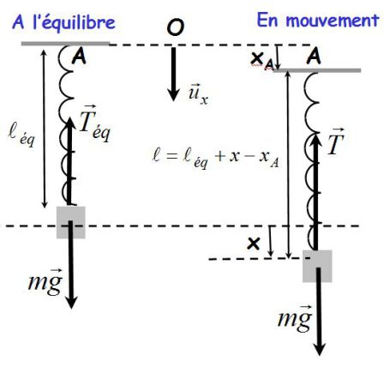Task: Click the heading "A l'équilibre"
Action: click(x=63, y=22)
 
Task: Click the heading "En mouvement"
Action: click(x=318, y=20)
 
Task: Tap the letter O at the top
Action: click(x=175, y=27)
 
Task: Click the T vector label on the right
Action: click(x=335, y=141)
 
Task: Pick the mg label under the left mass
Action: click(x=45, y=281)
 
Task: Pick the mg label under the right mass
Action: click(x=295, y=318)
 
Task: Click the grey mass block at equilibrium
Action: click(x=70, y=222)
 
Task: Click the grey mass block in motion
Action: click(x=317, y=266)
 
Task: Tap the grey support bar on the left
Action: click(x=65, y=44)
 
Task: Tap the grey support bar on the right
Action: click(x=317, y=70)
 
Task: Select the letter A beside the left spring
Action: click(x=79, y=57)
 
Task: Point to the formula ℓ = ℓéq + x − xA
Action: click(x=216, y=159)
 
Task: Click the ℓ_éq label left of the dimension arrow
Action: click(x=21, y=137)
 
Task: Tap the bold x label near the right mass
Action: click(x=254, y=244)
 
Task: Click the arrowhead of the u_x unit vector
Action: click(x=173, y=94)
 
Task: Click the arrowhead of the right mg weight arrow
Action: click(x=320, y=349)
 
